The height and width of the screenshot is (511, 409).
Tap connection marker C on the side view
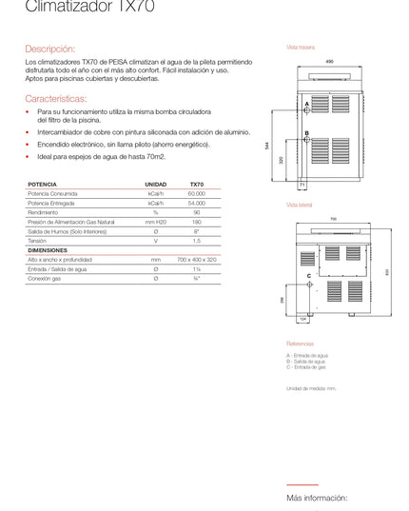[x=309, y=276]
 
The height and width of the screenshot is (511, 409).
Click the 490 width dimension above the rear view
[x=329, y=62]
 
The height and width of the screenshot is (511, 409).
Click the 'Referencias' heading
[x=300, y=344]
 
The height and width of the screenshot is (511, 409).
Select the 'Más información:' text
[x=317, y=498]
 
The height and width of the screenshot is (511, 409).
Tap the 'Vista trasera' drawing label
[x=300, y=47]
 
